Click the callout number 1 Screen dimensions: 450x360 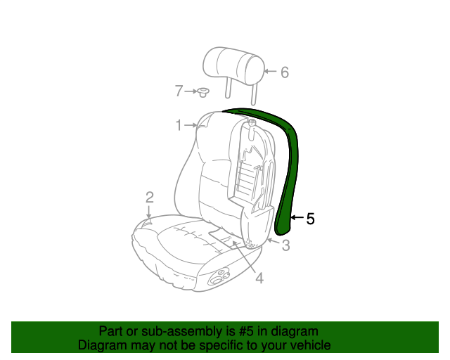click(x=179, y=125)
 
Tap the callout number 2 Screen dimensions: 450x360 click(x=150, y=198)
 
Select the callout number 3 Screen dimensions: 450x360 click(x=286, y=245)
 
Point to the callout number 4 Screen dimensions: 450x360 click(x=259, y=278)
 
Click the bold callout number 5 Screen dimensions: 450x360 click(x=310, y=219)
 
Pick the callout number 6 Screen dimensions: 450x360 click(x=284, y=72)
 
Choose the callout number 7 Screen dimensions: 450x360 click(x=179, y=91)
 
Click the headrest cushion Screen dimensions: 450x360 click(x=233, y=67)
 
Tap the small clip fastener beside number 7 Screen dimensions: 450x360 click(x=203, y=93)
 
